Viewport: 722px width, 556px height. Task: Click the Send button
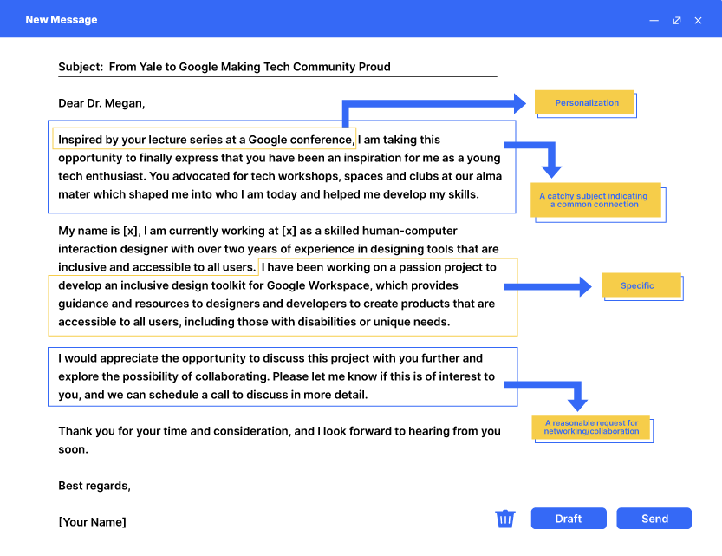[654, 519]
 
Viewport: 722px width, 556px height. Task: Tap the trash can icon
[505, 519]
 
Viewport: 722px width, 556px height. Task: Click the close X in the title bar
[698, 20]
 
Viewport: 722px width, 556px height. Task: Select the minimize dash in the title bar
[654, 20]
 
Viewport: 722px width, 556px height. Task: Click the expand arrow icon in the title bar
[676, 20]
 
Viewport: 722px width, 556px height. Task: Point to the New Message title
[62, 20]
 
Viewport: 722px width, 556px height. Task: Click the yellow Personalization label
[587, 102]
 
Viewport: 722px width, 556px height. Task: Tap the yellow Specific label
[637, 285]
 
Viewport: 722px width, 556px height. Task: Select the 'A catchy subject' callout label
[595, 200]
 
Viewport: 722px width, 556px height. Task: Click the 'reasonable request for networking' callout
[591, 428]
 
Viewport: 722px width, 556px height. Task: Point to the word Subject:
[81, 67]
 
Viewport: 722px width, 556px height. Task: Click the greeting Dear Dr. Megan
[101, 103]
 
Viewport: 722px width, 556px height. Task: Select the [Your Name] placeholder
[92, 521]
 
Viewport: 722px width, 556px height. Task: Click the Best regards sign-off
[94, 486]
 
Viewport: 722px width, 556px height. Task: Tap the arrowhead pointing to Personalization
[519, 103]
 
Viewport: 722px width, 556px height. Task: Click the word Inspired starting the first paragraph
[82, 140]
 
